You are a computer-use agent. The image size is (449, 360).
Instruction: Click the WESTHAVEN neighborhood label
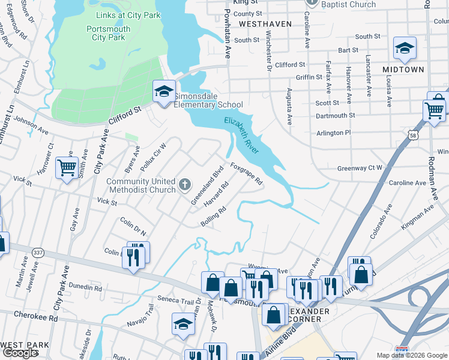click(265, 24)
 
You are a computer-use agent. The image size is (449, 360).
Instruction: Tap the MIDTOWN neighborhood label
click(403, 70)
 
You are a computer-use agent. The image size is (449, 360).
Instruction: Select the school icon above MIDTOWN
click(405, 49)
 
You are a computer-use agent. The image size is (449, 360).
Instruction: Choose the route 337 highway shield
click(38, 253)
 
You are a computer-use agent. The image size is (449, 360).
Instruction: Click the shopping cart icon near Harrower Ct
click(67, 167)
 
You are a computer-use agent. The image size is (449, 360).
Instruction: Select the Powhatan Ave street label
click(228, 34)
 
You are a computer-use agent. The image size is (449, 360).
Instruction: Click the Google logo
click(20, 353)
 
